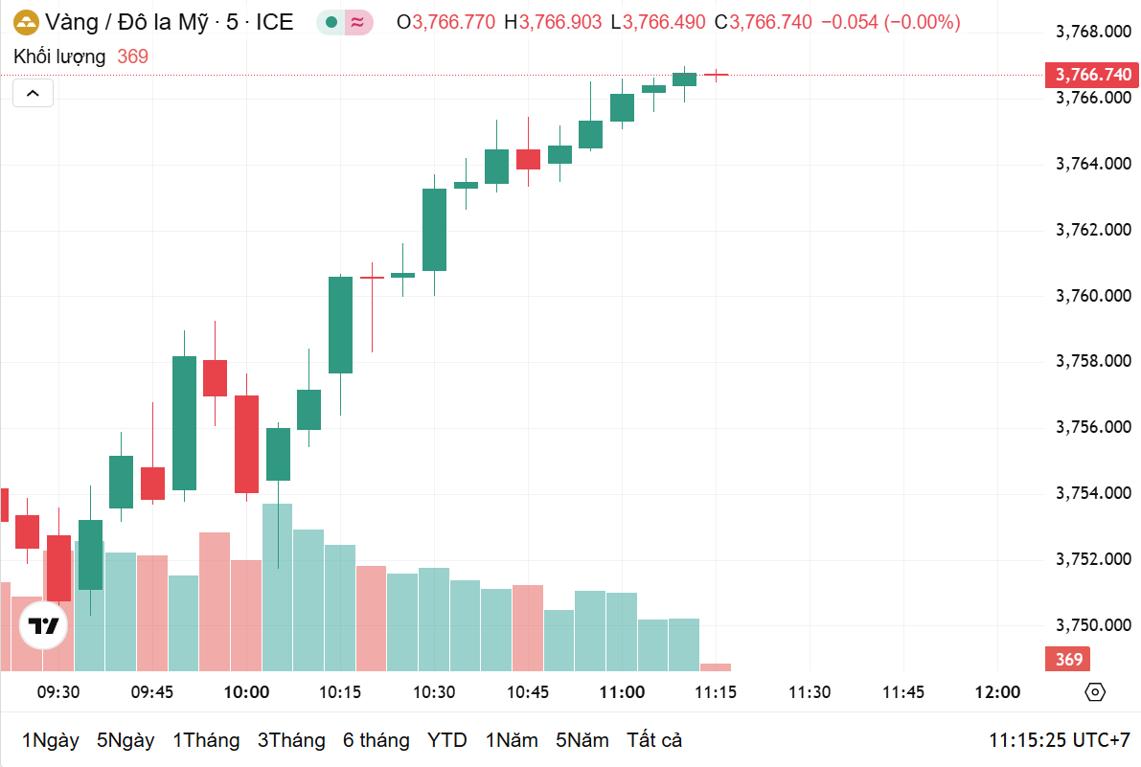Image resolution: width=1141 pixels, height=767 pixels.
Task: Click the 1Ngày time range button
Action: coord(50,740)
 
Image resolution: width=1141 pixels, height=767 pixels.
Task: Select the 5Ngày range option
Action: coord(126,740)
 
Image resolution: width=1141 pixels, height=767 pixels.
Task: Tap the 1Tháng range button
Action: coord(205,740)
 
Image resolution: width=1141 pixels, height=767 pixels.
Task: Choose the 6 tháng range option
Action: coord(376,740)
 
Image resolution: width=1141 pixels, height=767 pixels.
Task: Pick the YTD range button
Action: coord(446,740)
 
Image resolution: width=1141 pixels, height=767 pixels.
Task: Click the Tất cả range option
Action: coord(654,740)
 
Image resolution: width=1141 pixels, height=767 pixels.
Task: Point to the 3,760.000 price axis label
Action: coord(1092,296)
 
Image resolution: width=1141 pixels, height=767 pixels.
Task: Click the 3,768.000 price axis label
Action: coord(1092,33)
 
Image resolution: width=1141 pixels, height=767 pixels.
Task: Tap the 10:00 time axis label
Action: coord(246,692)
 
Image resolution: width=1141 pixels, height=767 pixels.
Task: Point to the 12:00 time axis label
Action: coord(997,692)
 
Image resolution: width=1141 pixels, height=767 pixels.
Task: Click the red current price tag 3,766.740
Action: coord(1092,75)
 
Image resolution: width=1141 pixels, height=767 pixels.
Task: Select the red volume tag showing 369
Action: coord(1069,659)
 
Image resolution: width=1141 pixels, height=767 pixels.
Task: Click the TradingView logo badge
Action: coord(43,627)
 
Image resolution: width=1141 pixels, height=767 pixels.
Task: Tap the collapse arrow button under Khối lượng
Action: coord(33,93)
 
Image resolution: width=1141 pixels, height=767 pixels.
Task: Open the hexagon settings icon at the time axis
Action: coord(1095,692)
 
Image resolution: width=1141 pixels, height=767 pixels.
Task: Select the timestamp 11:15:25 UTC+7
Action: coord(1060,740)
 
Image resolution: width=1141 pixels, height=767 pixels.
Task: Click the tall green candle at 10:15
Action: coord(340,325)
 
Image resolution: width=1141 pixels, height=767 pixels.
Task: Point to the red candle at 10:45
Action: coord(528,159)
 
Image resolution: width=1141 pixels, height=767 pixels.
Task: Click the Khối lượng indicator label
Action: coord(59,56)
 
